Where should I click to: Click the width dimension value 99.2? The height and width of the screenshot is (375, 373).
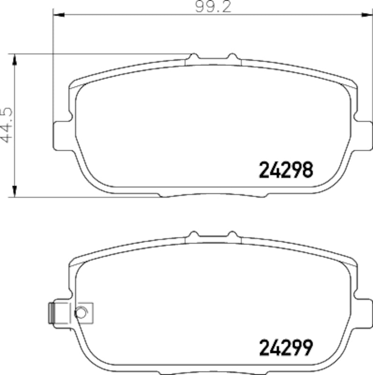click(212, 7)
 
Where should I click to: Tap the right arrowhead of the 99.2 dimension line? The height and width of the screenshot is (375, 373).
click(365, 15)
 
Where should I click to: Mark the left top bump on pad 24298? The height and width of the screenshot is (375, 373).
click(193, 58)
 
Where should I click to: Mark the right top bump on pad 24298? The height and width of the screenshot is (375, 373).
click(231, 58)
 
